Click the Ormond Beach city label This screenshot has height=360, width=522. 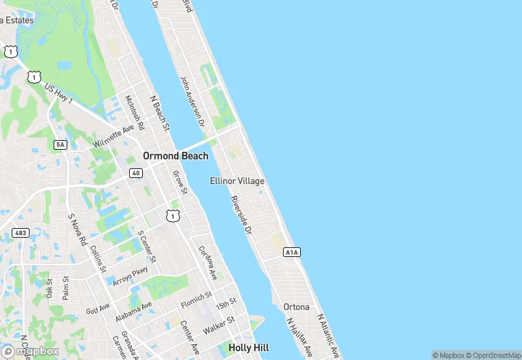(175, 156)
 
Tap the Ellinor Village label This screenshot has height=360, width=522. (237, 181)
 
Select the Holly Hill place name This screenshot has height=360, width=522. (249, 348)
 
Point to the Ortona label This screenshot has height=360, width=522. (296, 306)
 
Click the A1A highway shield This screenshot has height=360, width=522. (292, 253)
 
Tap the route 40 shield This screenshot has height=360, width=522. (136, 172)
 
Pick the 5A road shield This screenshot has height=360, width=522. (60, 144)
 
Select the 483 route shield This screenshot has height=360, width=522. (21, 234)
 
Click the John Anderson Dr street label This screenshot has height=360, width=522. (193, 102)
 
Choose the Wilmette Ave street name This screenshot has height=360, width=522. (114, 137)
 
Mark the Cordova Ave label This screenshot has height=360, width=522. (208, 263)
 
